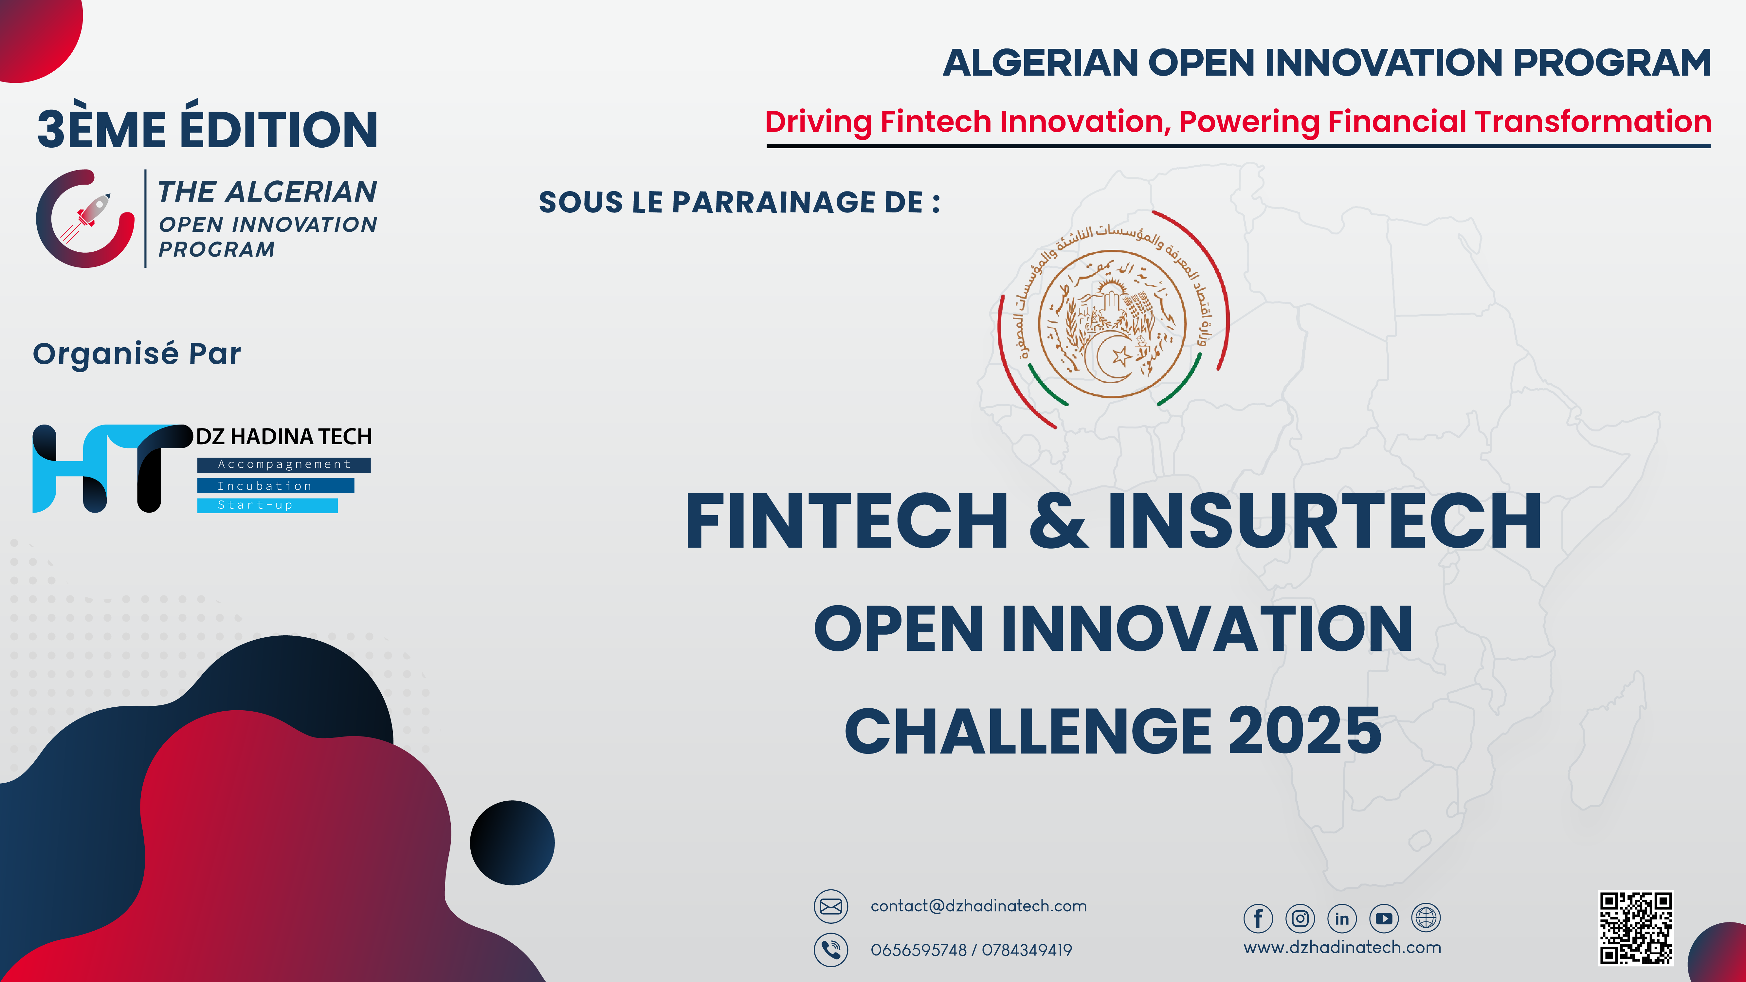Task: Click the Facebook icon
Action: tap(1258, 918)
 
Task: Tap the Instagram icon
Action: tap(1300, 918)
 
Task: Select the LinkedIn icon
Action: tap(1342, 918)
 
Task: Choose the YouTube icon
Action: tap(1384, 918)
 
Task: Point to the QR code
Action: tap(1636, 928)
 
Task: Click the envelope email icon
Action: tap(831, 906)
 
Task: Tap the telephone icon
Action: tap(831, 950)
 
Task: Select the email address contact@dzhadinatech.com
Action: tap(978, 906)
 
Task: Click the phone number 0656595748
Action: tap(918, 950)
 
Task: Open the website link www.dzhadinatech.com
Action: tap(1342, 947)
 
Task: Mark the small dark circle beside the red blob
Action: tap(512, 842)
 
